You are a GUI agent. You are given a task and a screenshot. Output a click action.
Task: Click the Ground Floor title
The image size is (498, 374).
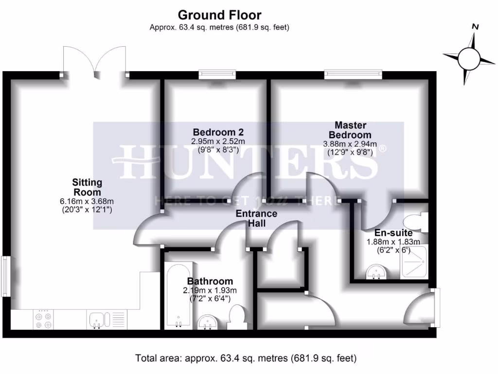tap(219, 15)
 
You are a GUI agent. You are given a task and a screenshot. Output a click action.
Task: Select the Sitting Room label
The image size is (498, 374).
tap(87, 187)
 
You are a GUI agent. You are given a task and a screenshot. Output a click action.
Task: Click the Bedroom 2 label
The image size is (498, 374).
tap(218, 132)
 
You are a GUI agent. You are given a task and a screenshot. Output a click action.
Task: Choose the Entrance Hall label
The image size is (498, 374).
tap(256, 218)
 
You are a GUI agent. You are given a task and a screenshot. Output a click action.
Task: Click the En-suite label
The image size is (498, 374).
tap(393, 233)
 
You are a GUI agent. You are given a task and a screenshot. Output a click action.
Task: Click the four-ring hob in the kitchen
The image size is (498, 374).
tap(42, 320)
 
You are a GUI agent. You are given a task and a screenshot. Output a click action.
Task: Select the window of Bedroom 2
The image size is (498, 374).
tap(217, 75)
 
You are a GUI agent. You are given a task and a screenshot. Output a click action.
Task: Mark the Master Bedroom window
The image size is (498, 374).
tap(354, 75)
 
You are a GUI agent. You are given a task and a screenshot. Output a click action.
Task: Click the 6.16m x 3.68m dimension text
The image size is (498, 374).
tap(87, 201)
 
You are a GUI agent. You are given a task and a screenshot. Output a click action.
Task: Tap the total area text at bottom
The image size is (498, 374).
tap(246, 359)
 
